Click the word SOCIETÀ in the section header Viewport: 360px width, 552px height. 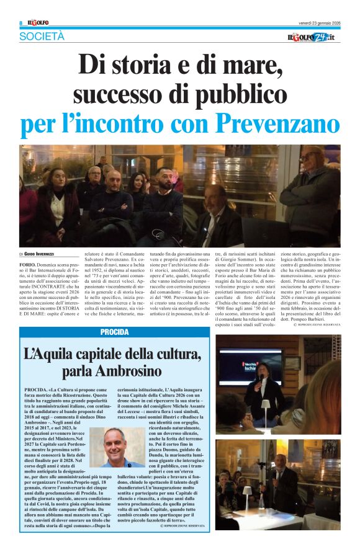pyautogui.click(x=42, y=37)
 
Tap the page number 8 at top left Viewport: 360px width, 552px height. pyautogui.click(x=21, y=23)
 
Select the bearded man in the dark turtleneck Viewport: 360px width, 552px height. pyautogui.click(x=163, y=195)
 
